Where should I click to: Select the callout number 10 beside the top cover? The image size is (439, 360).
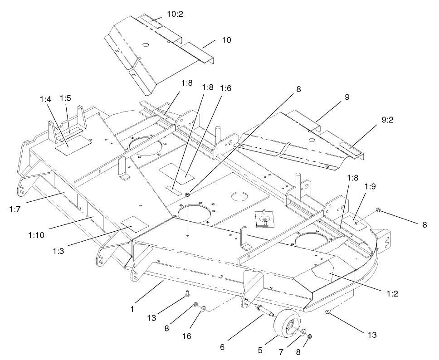point(226,40)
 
